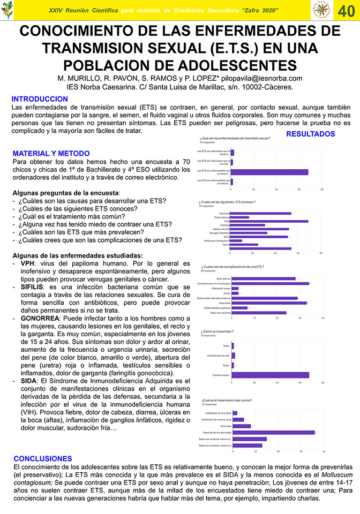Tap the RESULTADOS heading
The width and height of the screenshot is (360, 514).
click(310, 134)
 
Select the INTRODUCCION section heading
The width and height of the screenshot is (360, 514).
click(40, 99)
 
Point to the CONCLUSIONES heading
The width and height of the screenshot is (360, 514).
click(42, 459)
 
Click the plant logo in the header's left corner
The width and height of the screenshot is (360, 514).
click(7, 10)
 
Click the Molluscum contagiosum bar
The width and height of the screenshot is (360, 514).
click(236, 240)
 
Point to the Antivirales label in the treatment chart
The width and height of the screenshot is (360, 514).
click(222, 426)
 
